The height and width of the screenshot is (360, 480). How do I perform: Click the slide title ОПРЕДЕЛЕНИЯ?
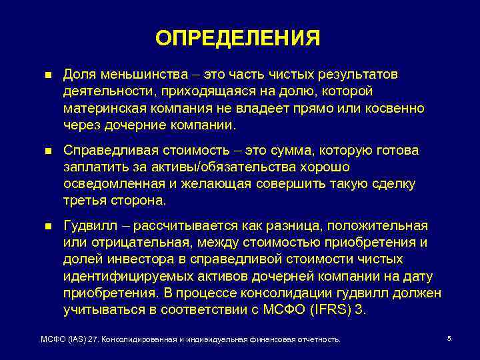click(x=238, y=38)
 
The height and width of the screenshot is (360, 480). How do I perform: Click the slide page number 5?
click(x=449, y=339)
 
